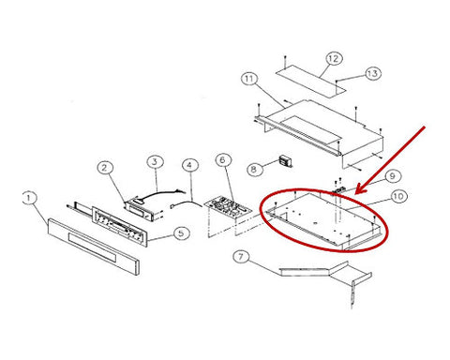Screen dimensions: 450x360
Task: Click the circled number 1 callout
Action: point(30,198)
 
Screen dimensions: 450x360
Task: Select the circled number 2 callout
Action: point(104,168)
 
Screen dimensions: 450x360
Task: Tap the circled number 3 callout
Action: point(155,161)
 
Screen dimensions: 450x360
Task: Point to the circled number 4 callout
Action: point(190,165)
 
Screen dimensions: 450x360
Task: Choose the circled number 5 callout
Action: point(182,232)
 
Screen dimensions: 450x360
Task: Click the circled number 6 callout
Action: point(223,160)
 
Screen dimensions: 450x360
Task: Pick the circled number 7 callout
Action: point(241,257)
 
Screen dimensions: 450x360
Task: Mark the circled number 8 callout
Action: point(254,169)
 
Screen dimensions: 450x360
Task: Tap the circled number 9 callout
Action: point(393,176)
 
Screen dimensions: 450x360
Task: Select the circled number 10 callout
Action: point(398,196)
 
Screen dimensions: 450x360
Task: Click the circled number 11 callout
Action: point(249,79)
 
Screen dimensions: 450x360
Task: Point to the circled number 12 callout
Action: point(334,58)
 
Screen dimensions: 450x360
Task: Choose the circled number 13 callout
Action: point(372,73)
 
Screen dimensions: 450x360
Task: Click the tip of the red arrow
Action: point(357,193)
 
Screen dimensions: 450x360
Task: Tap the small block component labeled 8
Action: point(286,162)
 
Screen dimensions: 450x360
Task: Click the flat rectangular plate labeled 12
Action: point(311,81)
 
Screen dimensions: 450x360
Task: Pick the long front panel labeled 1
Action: point(93,247)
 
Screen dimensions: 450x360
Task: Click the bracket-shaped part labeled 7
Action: point(326,274)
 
